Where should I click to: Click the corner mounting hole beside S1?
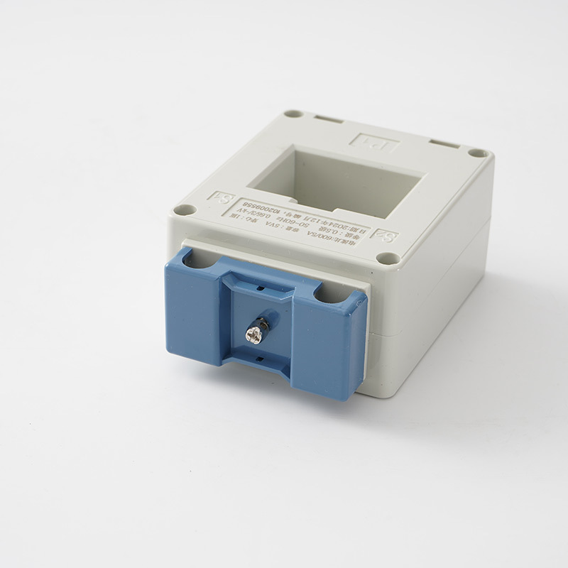coord(184,209)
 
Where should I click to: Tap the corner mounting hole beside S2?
coord(387,258)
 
